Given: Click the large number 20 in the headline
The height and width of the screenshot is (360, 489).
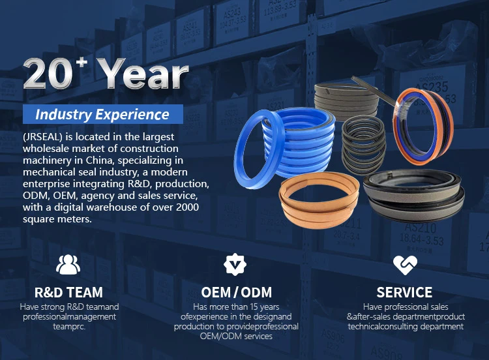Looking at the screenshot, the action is [x=48, y=74].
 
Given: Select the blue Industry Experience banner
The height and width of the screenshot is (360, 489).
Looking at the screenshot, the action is [x=102, y=114].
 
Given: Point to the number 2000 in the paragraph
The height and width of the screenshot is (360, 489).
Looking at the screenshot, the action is [x=187, y=207].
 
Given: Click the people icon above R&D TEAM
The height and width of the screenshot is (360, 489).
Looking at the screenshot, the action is [x=68, y=265].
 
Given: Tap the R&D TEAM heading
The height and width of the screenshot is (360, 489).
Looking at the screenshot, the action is [x=68, y=292].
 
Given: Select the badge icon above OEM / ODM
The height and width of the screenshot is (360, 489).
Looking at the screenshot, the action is [x=235, y=265].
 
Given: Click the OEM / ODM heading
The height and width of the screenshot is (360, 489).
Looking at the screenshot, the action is [x=237, y=293].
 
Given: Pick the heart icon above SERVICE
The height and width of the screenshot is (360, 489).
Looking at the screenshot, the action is [x=405, y=265].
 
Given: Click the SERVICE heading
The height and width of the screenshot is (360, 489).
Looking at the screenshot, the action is [x=404, y=293].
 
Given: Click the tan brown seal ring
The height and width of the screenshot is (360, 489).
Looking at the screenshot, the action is [x=319, y=200].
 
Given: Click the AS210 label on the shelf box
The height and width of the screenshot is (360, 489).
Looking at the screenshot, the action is [x=421, y=228].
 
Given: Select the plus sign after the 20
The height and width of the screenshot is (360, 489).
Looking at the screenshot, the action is [x=82, y=63].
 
